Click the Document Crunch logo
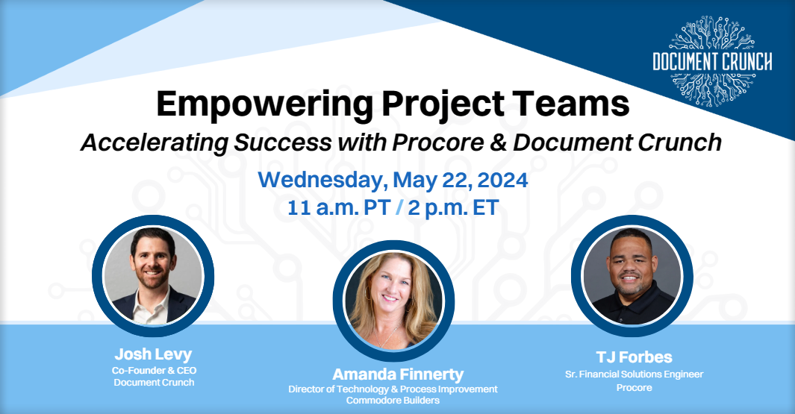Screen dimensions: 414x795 711,61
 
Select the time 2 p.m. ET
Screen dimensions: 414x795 455,208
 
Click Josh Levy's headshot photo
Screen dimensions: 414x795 152,277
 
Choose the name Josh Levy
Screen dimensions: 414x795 154,354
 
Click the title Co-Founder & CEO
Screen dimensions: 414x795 155,370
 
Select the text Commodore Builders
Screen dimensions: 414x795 393,401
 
